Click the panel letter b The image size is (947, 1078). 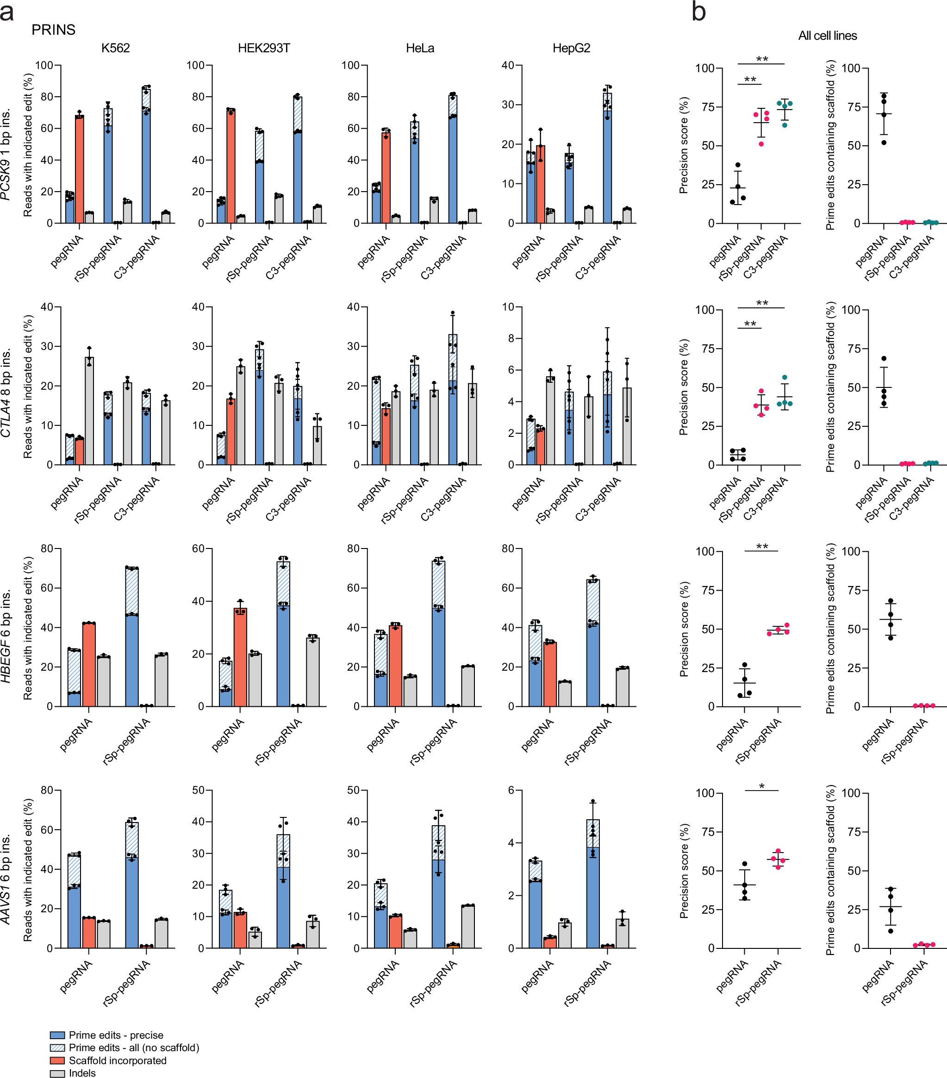tap(698, 12)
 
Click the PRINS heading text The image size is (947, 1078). tap(53, 30)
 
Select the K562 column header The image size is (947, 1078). tap(115, 48)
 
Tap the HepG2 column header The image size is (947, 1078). tap(571, 48)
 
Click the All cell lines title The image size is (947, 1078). tap(827, 35)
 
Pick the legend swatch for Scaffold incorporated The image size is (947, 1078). tap(57, 1060)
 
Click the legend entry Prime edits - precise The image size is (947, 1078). tap(116, 1035)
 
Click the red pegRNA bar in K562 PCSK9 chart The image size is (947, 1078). tap(80, 169)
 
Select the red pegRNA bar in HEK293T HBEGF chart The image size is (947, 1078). tap(240, 657)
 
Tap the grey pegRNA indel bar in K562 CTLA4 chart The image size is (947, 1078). tap(89, 411)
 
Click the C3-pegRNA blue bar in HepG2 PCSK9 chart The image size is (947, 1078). tap(607, 158)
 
